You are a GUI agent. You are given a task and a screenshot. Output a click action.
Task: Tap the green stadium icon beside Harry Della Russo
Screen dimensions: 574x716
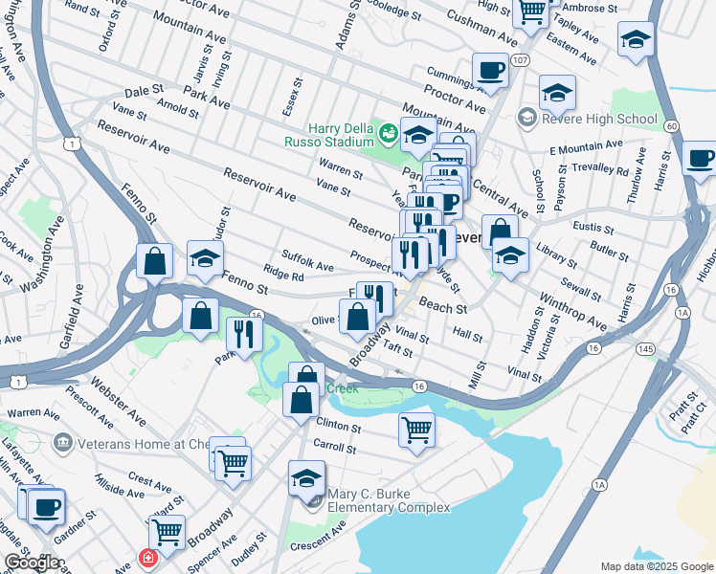(x=389, y=131)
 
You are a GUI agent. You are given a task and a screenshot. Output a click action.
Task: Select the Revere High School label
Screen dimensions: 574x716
(x=597, y=119)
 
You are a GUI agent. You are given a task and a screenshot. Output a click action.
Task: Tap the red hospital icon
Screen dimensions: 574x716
(x=148, y=557)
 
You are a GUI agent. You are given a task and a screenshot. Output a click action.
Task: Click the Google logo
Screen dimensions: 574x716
(x=31, y=563)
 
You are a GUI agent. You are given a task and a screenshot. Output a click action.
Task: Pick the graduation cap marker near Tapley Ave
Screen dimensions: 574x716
(x=633, y=41)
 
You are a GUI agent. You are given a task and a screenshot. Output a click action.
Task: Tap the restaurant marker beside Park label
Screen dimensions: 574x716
(x=244, y=334)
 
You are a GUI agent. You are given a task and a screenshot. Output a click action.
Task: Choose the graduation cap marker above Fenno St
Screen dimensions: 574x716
(x=204, y=259)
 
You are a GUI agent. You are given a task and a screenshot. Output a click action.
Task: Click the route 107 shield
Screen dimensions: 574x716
(x=520, y=60)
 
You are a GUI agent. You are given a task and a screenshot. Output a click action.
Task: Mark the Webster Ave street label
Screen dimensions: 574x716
(x=119, y=405)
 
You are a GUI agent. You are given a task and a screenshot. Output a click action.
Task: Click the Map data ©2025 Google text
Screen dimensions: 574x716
(x=657, y=566)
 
